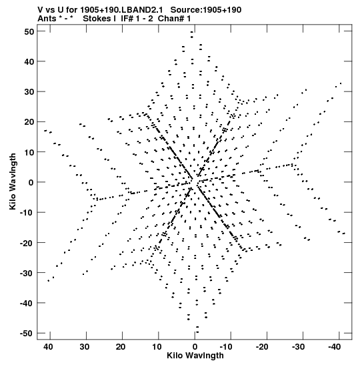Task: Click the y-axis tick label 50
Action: [x=29, y=31]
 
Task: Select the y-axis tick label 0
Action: [x=31, y=183]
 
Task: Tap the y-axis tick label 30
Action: [x=29, y=91]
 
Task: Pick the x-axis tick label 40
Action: [x=48, y=347]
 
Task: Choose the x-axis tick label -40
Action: [x=335, y=347]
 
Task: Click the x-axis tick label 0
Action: [x=195, y=347]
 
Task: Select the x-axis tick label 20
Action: [x=121, y=347]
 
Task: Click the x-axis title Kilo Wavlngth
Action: [x=195, y=356]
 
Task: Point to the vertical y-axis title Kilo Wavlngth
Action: [x=13, y=181]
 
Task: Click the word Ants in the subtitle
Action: [x=47, y=19]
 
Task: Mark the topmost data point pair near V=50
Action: [x=192, y=35]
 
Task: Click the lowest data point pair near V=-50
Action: [x=197, y=330]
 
